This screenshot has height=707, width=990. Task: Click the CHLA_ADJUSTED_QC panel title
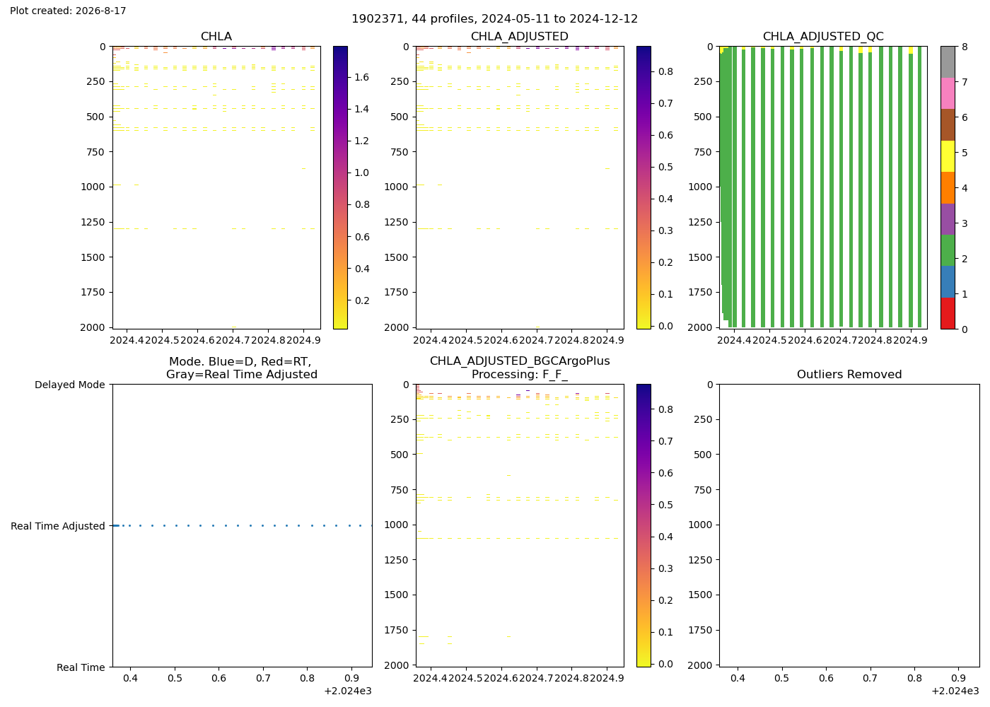point(823,36)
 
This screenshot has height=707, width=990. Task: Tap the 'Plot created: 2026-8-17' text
point(68,11)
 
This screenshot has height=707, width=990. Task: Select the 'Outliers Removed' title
point(849,374)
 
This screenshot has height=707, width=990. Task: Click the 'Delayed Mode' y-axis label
point(70,385)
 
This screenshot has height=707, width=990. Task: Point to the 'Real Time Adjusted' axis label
point(58,526)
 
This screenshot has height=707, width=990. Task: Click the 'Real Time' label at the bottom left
point(81,667)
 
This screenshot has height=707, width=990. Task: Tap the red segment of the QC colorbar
point(948,313)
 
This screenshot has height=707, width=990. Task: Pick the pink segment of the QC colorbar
point(948,93)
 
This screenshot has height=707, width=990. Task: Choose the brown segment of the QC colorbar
point(948,124)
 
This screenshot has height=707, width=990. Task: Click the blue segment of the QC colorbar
point(948,282)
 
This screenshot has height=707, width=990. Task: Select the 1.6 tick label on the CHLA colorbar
point(361,77)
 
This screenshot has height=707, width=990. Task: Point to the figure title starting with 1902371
point(494,19)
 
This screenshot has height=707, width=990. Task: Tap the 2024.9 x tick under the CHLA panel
point(303,340)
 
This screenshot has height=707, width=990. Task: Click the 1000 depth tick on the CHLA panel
point(93,187)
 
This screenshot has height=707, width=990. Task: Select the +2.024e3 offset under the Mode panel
point(348,691)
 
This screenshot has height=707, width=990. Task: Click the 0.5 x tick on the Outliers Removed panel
point(781,678)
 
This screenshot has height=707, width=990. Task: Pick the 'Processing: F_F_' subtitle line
point(520,374)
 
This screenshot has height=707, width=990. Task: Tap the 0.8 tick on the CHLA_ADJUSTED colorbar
point(665,71)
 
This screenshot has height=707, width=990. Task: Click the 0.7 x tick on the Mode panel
point(263,678)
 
